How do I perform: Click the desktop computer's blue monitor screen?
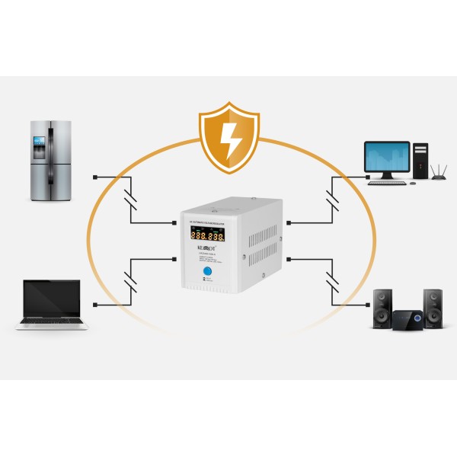[387, 157]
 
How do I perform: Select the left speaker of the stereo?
[382, 308]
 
